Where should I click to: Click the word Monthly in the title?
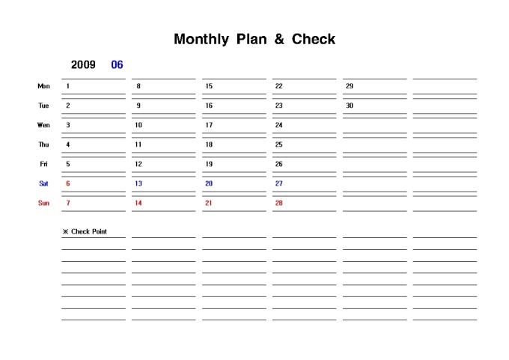[x=201, y=39]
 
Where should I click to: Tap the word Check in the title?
[x=313, y=39]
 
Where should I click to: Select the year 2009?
[x=83, y=65]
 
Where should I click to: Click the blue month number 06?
[x=117, y=65]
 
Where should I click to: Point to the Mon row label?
[x=43, y=86]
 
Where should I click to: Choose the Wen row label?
[x=43, y=125]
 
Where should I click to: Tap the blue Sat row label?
[x=43, y=183]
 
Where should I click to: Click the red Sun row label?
[x=43, y=203]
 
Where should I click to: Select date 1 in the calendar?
[x=68, y=86]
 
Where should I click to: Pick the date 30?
[x=350, y=106]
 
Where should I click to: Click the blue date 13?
[x=138, y=183]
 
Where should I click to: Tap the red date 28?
[x=278, y=203]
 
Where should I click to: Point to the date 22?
[x=278, y=86]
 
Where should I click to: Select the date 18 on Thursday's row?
[x=209, y=144]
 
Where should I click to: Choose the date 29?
[x=350, y=86]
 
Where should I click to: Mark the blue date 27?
[x=278, y=183]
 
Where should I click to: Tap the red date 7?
[x=68, y=203]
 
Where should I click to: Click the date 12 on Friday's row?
[x=138, y=164]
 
